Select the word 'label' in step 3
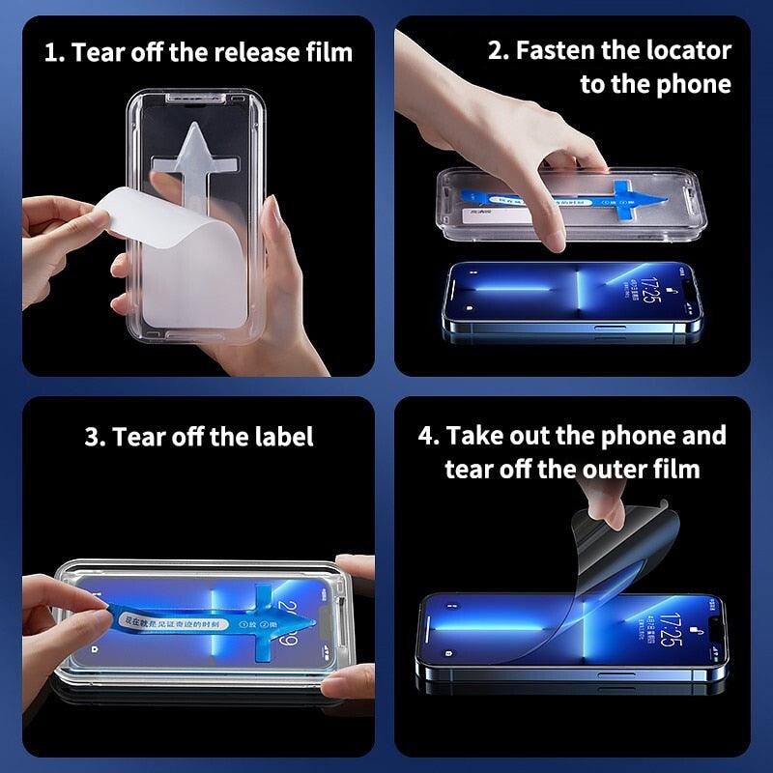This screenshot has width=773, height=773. [x=284, y=437]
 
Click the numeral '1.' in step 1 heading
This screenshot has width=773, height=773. [x=54, y=51]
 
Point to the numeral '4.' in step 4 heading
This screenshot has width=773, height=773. [x=429, y=435]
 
